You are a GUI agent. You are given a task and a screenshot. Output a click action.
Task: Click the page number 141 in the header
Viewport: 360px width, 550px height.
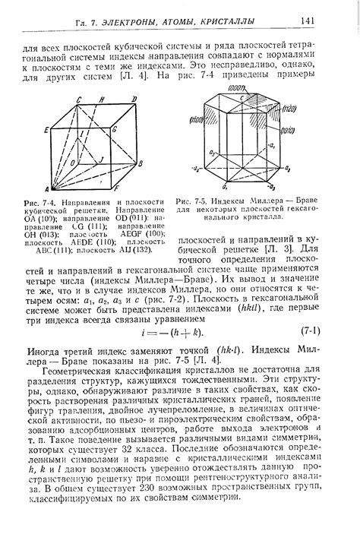[308, 19]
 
